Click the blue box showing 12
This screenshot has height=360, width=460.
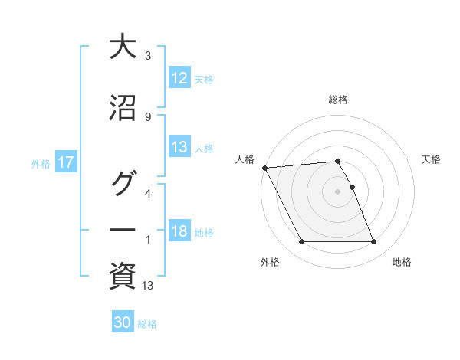tap(179, 78)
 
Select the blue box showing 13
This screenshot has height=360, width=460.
tap(179, 148)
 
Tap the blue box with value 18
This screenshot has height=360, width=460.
tap(179, 232)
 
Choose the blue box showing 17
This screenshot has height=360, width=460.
tap(65, 163)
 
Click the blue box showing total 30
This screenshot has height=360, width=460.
tap(123, 322)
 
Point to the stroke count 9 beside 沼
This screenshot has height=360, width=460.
tap(147, 116)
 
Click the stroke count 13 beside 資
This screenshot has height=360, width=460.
tap(149, 286)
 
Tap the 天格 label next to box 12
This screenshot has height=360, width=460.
tap(204, 79)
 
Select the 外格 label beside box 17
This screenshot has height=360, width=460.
tap(41, 164)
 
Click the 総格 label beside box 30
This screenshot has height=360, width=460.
tap(147, 323)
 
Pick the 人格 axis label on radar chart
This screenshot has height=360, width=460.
tap(245, 159)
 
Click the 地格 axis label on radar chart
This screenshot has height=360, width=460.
tap(402, 262)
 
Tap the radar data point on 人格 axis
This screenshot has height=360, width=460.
tap(264, 168)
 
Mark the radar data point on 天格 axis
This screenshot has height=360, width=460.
tap(353, 186)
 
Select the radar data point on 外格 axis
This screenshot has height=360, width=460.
tap(301, 242)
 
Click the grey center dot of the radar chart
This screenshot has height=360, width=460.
tap(337, 191)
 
